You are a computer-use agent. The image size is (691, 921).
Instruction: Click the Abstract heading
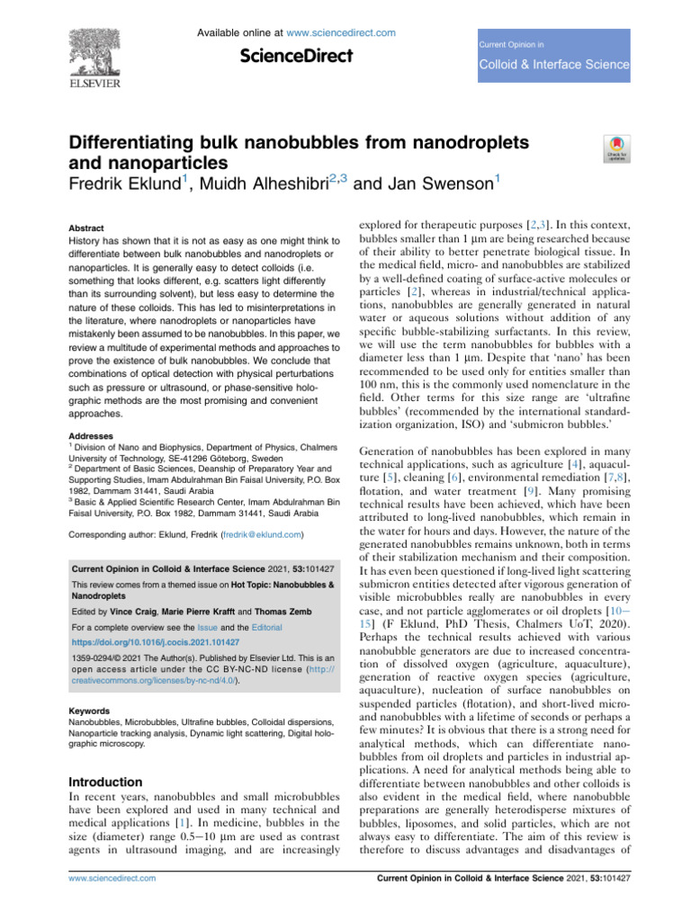tap(87, 228)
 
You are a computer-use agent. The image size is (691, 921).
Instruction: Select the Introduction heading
tap(105, 782)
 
